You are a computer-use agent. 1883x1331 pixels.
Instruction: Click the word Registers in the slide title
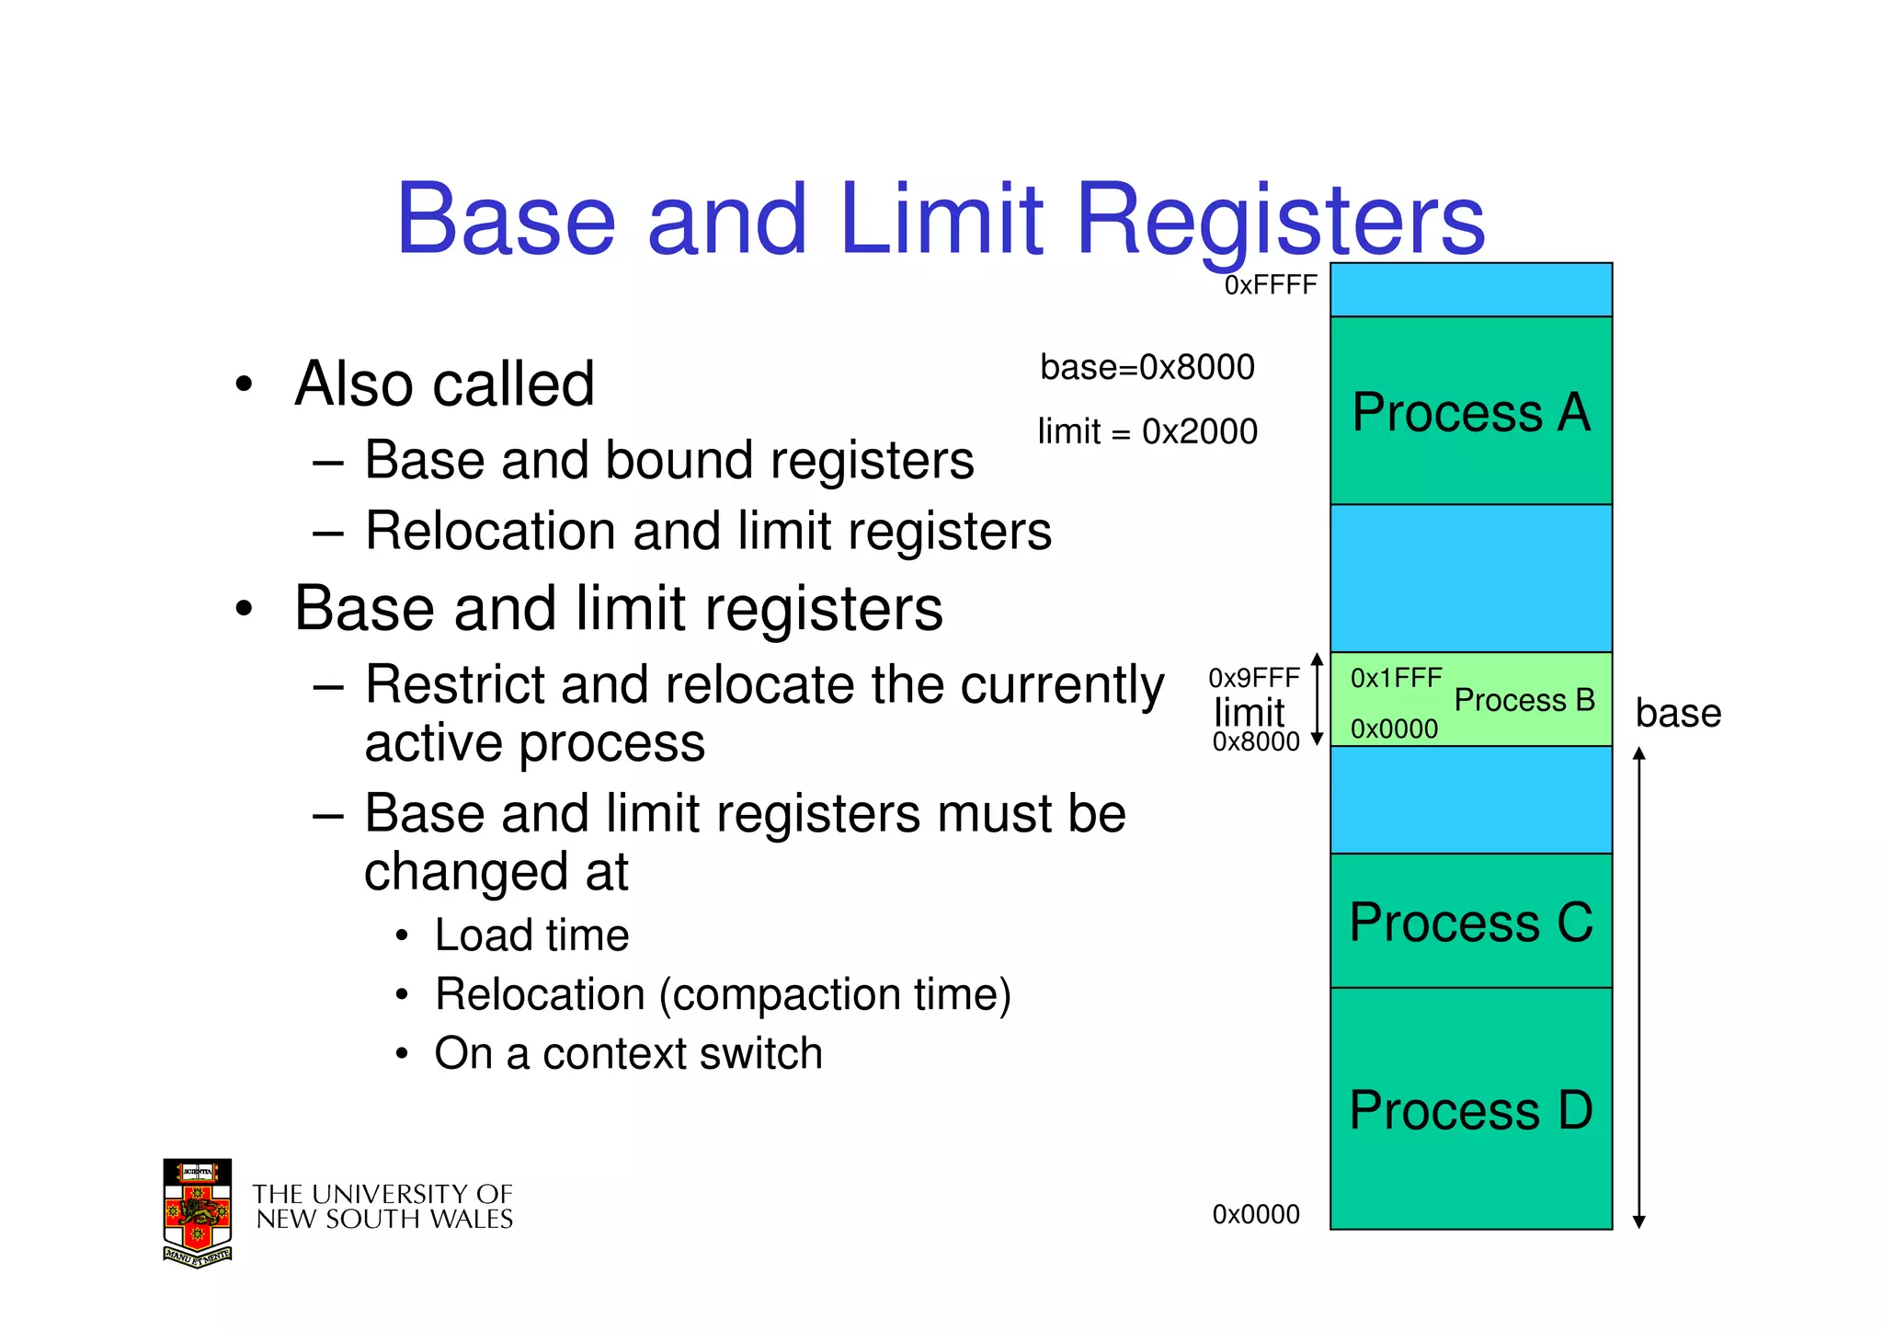coord(1280,221)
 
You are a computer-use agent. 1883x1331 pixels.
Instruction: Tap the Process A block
coord(1470,411)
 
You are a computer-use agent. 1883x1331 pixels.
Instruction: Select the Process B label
coord(1524,700)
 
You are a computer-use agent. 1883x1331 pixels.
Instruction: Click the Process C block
coord(1470,922)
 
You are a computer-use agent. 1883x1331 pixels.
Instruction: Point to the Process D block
coord(1470,1109)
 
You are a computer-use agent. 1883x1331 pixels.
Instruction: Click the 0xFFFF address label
coord(1271,285)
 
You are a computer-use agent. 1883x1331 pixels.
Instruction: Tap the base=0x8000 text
coord(1147,367)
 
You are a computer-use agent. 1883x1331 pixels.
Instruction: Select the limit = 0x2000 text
coord(1147,431)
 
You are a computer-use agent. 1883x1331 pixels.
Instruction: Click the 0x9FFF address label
coord(1253,678)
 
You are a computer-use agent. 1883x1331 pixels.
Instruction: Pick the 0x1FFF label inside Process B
coord(1396,678)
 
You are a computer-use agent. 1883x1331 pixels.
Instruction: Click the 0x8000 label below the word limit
coord(1255,741)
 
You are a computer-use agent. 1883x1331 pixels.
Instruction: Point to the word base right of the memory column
coord(1678,713)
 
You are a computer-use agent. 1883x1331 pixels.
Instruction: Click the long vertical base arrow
coord(1638,989)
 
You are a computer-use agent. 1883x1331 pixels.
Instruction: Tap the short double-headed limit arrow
coord(1317,699)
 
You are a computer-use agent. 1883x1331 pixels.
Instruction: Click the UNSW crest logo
coord(198,1212)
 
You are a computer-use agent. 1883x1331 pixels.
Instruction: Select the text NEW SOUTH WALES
coord(384,1220)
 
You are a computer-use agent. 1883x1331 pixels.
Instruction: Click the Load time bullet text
coord(531,935)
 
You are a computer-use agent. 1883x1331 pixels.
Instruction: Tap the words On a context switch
coord(628,1053)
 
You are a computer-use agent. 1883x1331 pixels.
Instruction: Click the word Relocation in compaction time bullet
coord(540,994)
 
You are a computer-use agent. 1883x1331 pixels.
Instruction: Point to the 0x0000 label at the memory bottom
coord(1255,1214)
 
